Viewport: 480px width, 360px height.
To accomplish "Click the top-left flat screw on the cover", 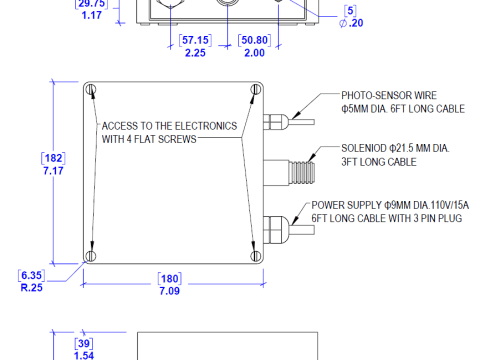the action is [90, 89].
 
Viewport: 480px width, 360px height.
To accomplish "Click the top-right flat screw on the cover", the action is [255, 89].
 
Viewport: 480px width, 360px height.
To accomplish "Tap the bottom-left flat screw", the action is [90, 256].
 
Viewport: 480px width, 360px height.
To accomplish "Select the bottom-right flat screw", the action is [255, 256].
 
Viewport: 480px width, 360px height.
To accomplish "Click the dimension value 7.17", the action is [53, 171].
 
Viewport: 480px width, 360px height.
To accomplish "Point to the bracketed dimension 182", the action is [53, 158].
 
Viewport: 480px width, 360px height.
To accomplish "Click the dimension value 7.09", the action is [169, 291].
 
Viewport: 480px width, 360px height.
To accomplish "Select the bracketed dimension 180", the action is [170, 278].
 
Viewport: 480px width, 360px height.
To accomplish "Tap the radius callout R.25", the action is [32, 287].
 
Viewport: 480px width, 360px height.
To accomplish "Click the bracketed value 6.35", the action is [31, 275].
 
